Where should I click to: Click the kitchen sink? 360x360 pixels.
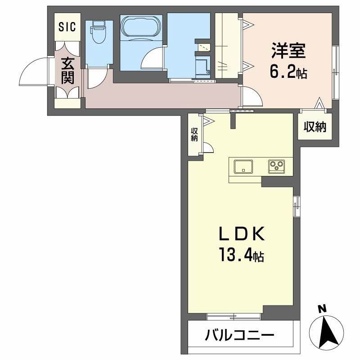[243, 167]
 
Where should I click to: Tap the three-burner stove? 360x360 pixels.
[276, 167]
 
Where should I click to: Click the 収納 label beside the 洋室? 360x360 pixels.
[315, 127]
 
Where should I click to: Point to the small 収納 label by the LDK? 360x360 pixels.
[194, 135]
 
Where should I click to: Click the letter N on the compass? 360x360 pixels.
[322, 309]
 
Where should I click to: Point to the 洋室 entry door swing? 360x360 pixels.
[252, 97]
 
